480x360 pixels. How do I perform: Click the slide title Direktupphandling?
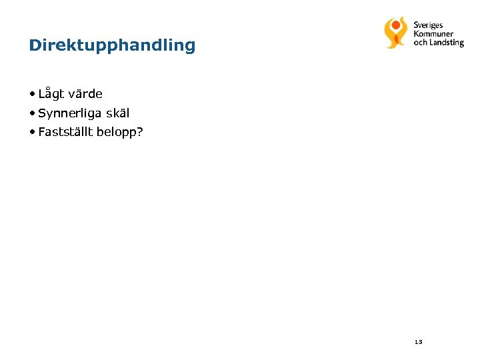click(x=112, y=46)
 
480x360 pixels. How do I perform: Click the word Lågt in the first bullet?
click(x=52, y=94)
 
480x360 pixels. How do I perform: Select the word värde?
click(x=85, y=94)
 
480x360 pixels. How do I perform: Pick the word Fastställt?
click(x=65, y=131)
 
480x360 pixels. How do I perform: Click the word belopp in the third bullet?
click(x=116, y=132)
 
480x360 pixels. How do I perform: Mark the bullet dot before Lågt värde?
click(x=32, y=94)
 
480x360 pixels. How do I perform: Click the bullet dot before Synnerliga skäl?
click(x=32, y=113)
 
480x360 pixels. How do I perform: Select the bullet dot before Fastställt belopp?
click(x=32, y=131)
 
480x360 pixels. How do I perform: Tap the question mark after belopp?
click(x=140, y=131)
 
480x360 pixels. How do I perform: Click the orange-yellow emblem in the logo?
click(x=395, y=33)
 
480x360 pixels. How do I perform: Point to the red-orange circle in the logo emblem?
click(x=396, y=23)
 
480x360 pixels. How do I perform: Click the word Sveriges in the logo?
click(x=428, y=25)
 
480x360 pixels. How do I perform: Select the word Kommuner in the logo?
click(x=433, y=34)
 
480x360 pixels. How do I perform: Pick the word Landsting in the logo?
click(x=447, y=43)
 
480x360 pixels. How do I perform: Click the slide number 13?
click(x=418, y=342)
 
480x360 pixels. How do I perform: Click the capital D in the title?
click(x=35, y=46)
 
